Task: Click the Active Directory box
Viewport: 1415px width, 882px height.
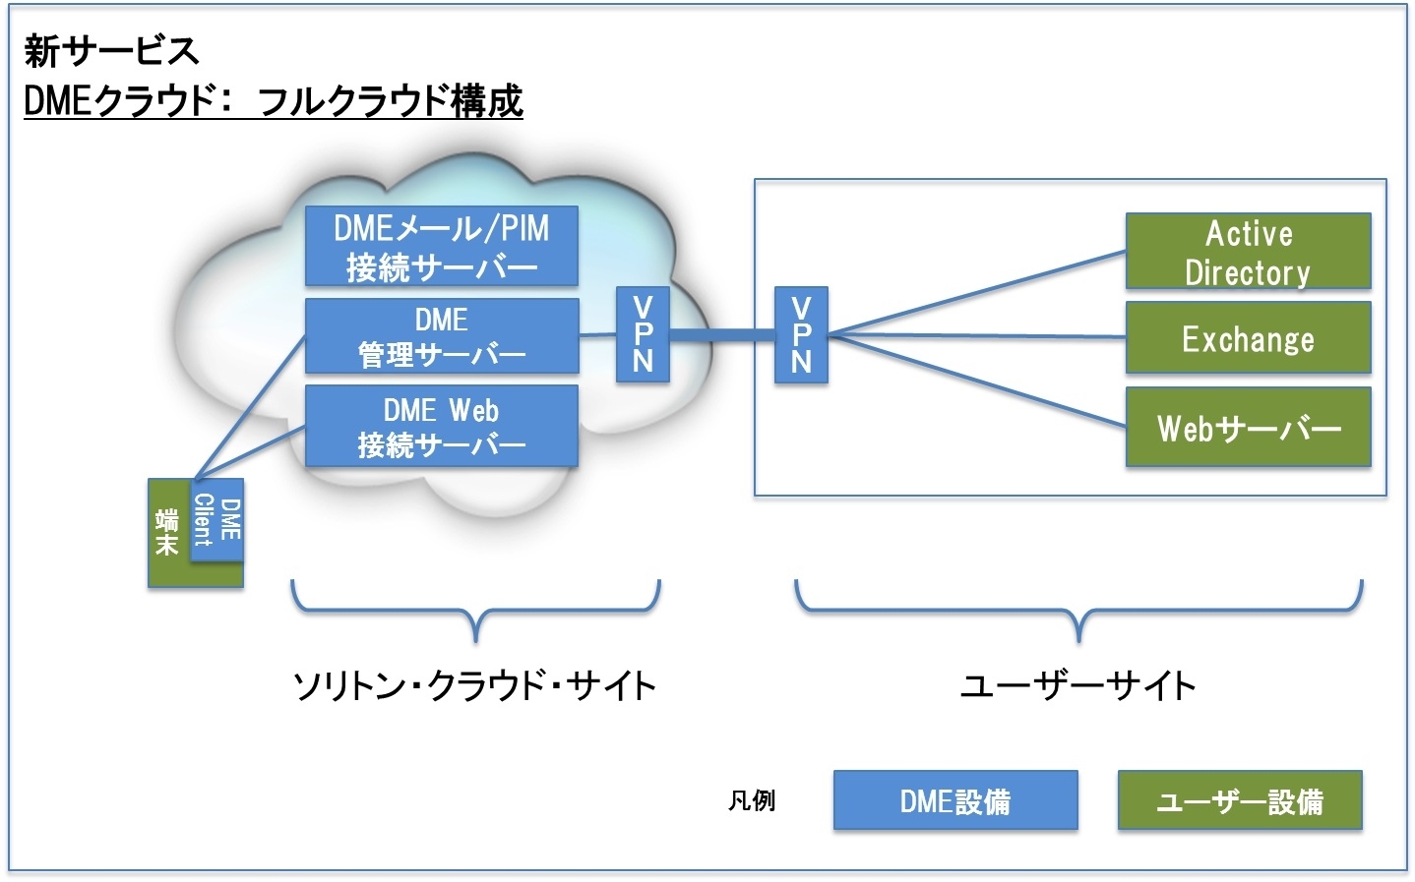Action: (x=1249, y=252)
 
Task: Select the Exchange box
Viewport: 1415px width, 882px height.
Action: (x=1249, y=337)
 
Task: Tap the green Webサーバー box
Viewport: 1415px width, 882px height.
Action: (x=1249, y=428)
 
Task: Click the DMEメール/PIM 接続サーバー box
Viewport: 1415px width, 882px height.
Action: (x=442, y=246)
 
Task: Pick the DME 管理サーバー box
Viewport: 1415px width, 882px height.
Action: (x=442, y=336)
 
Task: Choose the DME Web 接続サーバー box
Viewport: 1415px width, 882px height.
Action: (x=442, y=426)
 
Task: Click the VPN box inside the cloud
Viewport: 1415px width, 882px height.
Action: (x=643, y=334)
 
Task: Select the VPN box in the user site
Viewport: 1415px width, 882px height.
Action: (x=801, y=334)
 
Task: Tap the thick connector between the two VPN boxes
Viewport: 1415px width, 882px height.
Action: (x=722, y=334)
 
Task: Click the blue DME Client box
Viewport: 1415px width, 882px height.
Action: (x=216, y=519)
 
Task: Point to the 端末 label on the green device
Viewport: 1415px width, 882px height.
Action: (x=167, y=532)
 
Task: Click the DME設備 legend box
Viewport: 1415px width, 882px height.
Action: (x=955, y=800)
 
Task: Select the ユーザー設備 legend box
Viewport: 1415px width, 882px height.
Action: (x=1240, y=800)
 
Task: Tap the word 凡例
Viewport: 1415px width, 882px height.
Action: (x=751, y=800)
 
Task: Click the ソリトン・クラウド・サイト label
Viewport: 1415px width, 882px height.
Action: (x=474, y=685)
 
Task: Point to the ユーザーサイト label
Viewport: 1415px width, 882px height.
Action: (x=1077, y=685)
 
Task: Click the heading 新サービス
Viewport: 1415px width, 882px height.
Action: (x=111, y=51)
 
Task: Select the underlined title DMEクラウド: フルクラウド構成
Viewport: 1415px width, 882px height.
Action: (x=274, y=100)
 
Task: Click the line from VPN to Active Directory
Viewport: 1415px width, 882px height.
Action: (x=976, y=292)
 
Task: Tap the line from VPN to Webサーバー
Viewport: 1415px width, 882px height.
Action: (x=976, y=382)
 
